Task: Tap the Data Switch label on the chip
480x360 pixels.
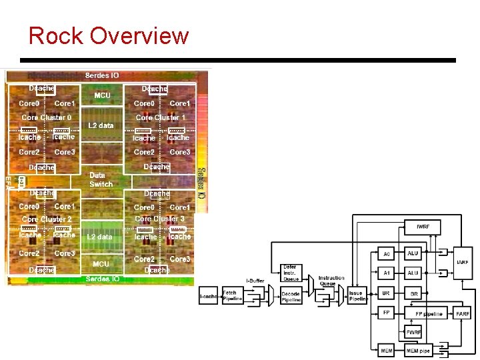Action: pos(101,179)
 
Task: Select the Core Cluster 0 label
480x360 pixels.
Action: pos(47,117)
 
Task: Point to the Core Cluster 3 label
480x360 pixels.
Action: pos(160,219)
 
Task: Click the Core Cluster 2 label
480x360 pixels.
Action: pos(47,219)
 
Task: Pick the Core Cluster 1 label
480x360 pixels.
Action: pos(161,117)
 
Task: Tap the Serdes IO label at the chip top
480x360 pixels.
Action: pos(102,75)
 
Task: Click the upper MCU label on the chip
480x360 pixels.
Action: pos(102,95)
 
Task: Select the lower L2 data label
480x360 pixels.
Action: pos(100,237)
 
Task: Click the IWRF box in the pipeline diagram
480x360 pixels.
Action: pos(423,227)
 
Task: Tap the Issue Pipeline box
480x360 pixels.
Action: pos(357,295)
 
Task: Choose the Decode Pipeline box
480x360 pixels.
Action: pos(291,297)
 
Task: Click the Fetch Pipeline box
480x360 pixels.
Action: pos(233,295)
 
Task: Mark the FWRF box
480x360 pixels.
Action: pos(413,332)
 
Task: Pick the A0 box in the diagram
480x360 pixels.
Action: pos(386,254)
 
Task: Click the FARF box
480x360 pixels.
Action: pos(462,313)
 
